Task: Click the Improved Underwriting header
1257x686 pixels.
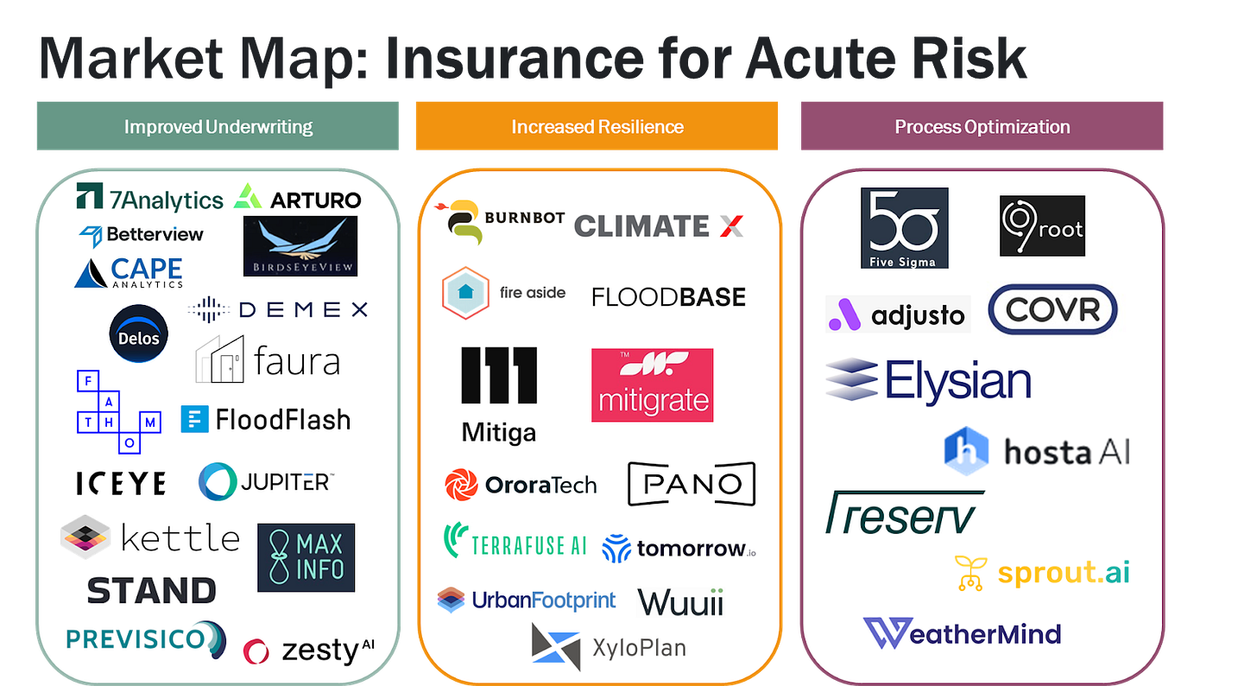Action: (218, 126)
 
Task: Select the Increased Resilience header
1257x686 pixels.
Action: (597, 126)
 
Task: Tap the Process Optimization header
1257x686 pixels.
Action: (982, 126)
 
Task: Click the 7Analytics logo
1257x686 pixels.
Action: (149, 198)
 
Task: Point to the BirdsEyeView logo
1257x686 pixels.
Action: (300, 246)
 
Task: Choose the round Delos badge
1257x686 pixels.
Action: (139, 335)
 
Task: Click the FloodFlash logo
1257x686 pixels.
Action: (266, 420)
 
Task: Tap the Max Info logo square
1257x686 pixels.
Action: (306, 557)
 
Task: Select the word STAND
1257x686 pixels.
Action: (151, 591)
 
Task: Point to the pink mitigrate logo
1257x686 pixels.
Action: (652, 385)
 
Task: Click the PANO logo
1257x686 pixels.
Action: (691, 484)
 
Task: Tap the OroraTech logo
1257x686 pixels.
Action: (520, 485)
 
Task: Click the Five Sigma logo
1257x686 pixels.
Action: (904, 227)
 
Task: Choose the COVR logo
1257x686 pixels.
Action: (1052, 308)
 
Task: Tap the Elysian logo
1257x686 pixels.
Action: (928, 381)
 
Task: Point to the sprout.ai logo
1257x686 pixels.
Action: (1041, 573)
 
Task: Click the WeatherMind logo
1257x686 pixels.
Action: (962, 634)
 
